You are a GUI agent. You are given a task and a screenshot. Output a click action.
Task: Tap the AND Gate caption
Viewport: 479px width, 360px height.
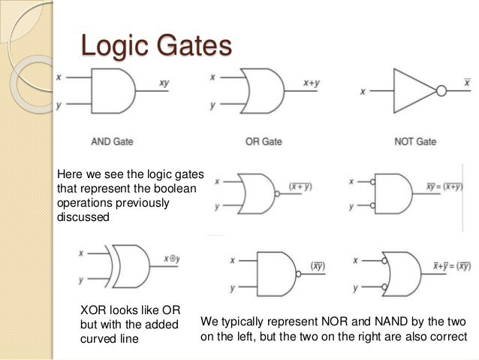click(113, 141)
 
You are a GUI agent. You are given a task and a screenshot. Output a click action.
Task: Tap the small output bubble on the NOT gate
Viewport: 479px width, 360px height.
click(441, 91)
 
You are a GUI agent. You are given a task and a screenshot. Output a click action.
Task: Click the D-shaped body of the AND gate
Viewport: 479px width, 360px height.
click(113, 91)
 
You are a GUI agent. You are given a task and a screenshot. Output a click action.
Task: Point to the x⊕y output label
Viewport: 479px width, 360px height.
click(172, 259)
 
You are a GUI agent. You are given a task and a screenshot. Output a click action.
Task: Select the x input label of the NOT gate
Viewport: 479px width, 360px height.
click(363, 92)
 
